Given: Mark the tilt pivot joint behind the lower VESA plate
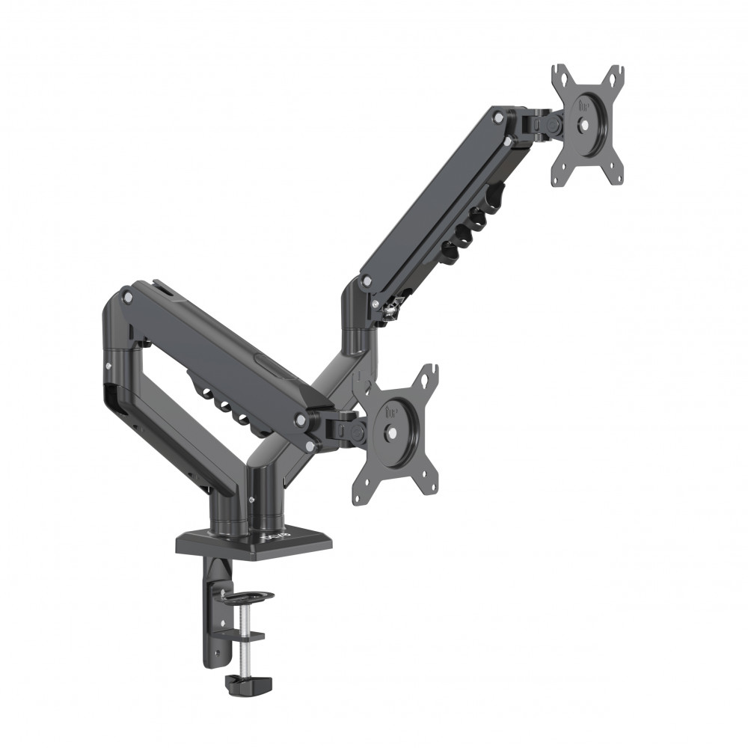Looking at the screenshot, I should tap(346, 429).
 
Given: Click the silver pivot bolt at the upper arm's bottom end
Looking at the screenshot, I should tap(367, 280).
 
